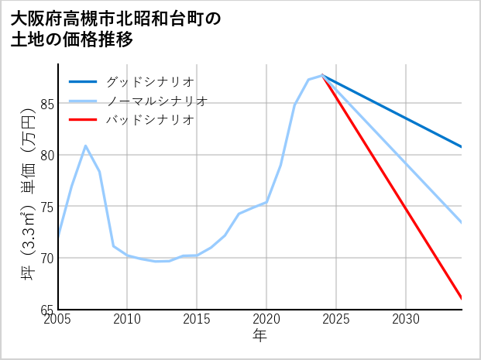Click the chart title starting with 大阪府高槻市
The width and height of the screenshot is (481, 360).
116,29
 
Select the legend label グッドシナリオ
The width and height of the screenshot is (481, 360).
149,81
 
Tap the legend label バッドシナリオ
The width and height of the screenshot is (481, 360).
149,120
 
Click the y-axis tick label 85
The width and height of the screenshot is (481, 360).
46,104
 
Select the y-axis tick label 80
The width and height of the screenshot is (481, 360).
46,155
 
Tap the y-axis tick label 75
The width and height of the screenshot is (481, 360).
46,207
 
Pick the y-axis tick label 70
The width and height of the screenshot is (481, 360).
46,258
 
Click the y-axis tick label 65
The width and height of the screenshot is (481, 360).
46,309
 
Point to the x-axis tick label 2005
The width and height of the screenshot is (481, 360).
59,319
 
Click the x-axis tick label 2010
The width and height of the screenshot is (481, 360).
128,319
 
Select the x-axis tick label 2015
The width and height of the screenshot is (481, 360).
197,319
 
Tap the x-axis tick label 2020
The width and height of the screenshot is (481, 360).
266,319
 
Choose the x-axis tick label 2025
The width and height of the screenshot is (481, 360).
336,319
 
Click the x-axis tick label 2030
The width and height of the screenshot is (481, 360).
405,319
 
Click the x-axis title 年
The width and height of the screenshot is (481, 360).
259,337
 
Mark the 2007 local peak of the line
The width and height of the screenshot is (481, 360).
86,146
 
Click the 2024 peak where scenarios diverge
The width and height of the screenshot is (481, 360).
322,76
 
